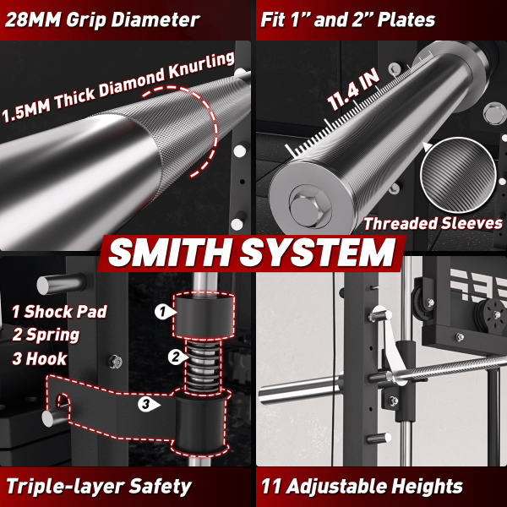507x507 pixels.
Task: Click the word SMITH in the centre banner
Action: click(x=171, y=252)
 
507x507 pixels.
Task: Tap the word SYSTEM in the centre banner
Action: click(x=318, y=252)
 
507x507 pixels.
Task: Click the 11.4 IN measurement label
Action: click(x=353, y=90)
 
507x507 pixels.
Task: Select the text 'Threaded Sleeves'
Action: click(x=433, y=223)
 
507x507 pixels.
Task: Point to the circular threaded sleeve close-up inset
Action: click(x=458, y=175)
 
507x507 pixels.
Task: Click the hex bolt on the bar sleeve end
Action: click(x=309, y=207)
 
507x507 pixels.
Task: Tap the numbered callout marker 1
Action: click(x=165, y=312)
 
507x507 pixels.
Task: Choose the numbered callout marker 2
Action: click(x=177, y=357)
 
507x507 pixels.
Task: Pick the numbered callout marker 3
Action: click(x=148, y=404)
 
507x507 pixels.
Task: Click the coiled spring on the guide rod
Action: click(x=203, y=365)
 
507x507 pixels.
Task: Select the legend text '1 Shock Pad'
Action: click(x=59, y=312)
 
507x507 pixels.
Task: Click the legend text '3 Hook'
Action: click(x=40, y=359)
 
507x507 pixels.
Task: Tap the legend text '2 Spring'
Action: click(x=46, y=335)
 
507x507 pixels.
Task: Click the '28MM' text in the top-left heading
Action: click(x=33, y=19)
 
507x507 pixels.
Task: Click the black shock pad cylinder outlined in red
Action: click(x=204, y=315)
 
